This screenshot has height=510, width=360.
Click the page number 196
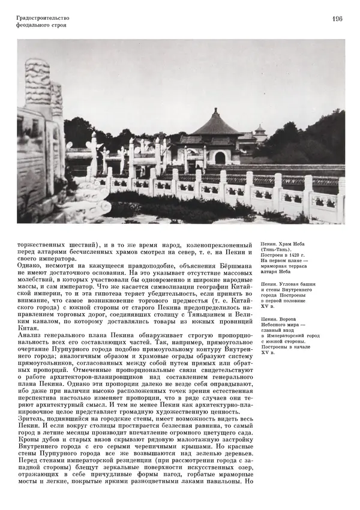[x=336, y=19]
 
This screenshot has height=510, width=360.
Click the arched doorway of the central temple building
[x=220, y=158]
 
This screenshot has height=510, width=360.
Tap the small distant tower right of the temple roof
[x=259, y=131]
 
